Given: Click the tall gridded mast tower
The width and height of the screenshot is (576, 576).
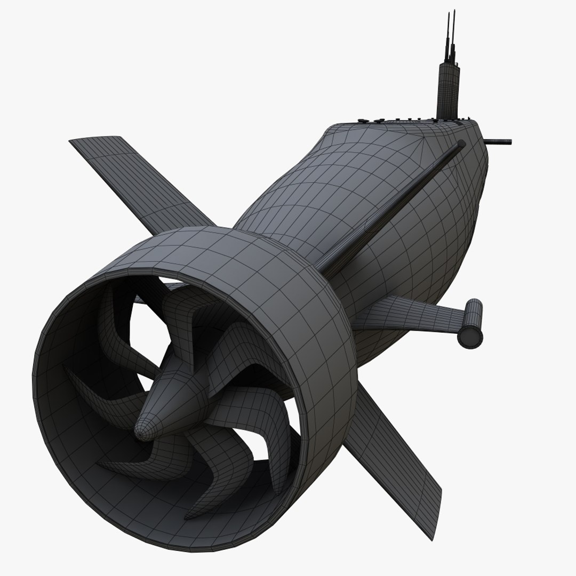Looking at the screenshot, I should [x=447, y=91].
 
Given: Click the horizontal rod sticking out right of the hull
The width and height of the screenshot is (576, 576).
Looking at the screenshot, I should [x=499, y=142].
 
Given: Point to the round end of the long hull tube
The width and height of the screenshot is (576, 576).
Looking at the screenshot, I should [x=461, y=144].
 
